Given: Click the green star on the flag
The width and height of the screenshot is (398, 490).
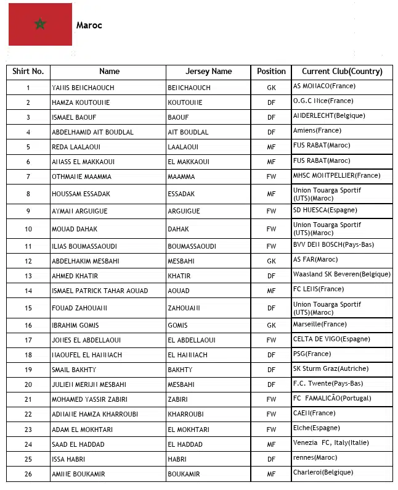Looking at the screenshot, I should [41, 24].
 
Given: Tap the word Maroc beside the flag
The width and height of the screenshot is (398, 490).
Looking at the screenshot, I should [89, 26].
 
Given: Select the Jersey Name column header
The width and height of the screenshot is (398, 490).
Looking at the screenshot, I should [208, 72].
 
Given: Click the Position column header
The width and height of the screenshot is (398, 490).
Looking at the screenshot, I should [271, 72].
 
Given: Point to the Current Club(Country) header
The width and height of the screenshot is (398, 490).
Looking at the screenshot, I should [342, 72].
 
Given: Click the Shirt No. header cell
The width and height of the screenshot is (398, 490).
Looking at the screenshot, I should [28, 72].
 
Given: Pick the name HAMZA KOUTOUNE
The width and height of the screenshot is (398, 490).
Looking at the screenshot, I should [81, 102].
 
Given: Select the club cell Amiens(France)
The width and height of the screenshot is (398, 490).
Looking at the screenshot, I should [317, 131].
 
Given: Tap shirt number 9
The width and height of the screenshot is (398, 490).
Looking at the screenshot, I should [28, 211].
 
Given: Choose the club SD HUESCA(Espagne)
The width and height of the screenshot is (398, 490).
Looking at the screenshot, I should [325, 210].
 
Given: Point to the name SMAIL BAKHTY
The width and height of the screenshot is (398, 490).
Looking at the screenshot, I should [74, 370].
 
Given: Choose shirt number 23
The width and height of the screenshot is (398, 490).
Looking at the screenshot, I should [28, 430].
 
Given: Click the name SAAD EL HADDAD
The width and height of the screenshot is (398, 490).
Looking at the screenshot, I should [78, 444].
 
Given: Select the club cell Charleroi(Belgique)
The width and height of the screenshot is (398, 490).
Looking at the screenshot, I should [323, 473].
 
